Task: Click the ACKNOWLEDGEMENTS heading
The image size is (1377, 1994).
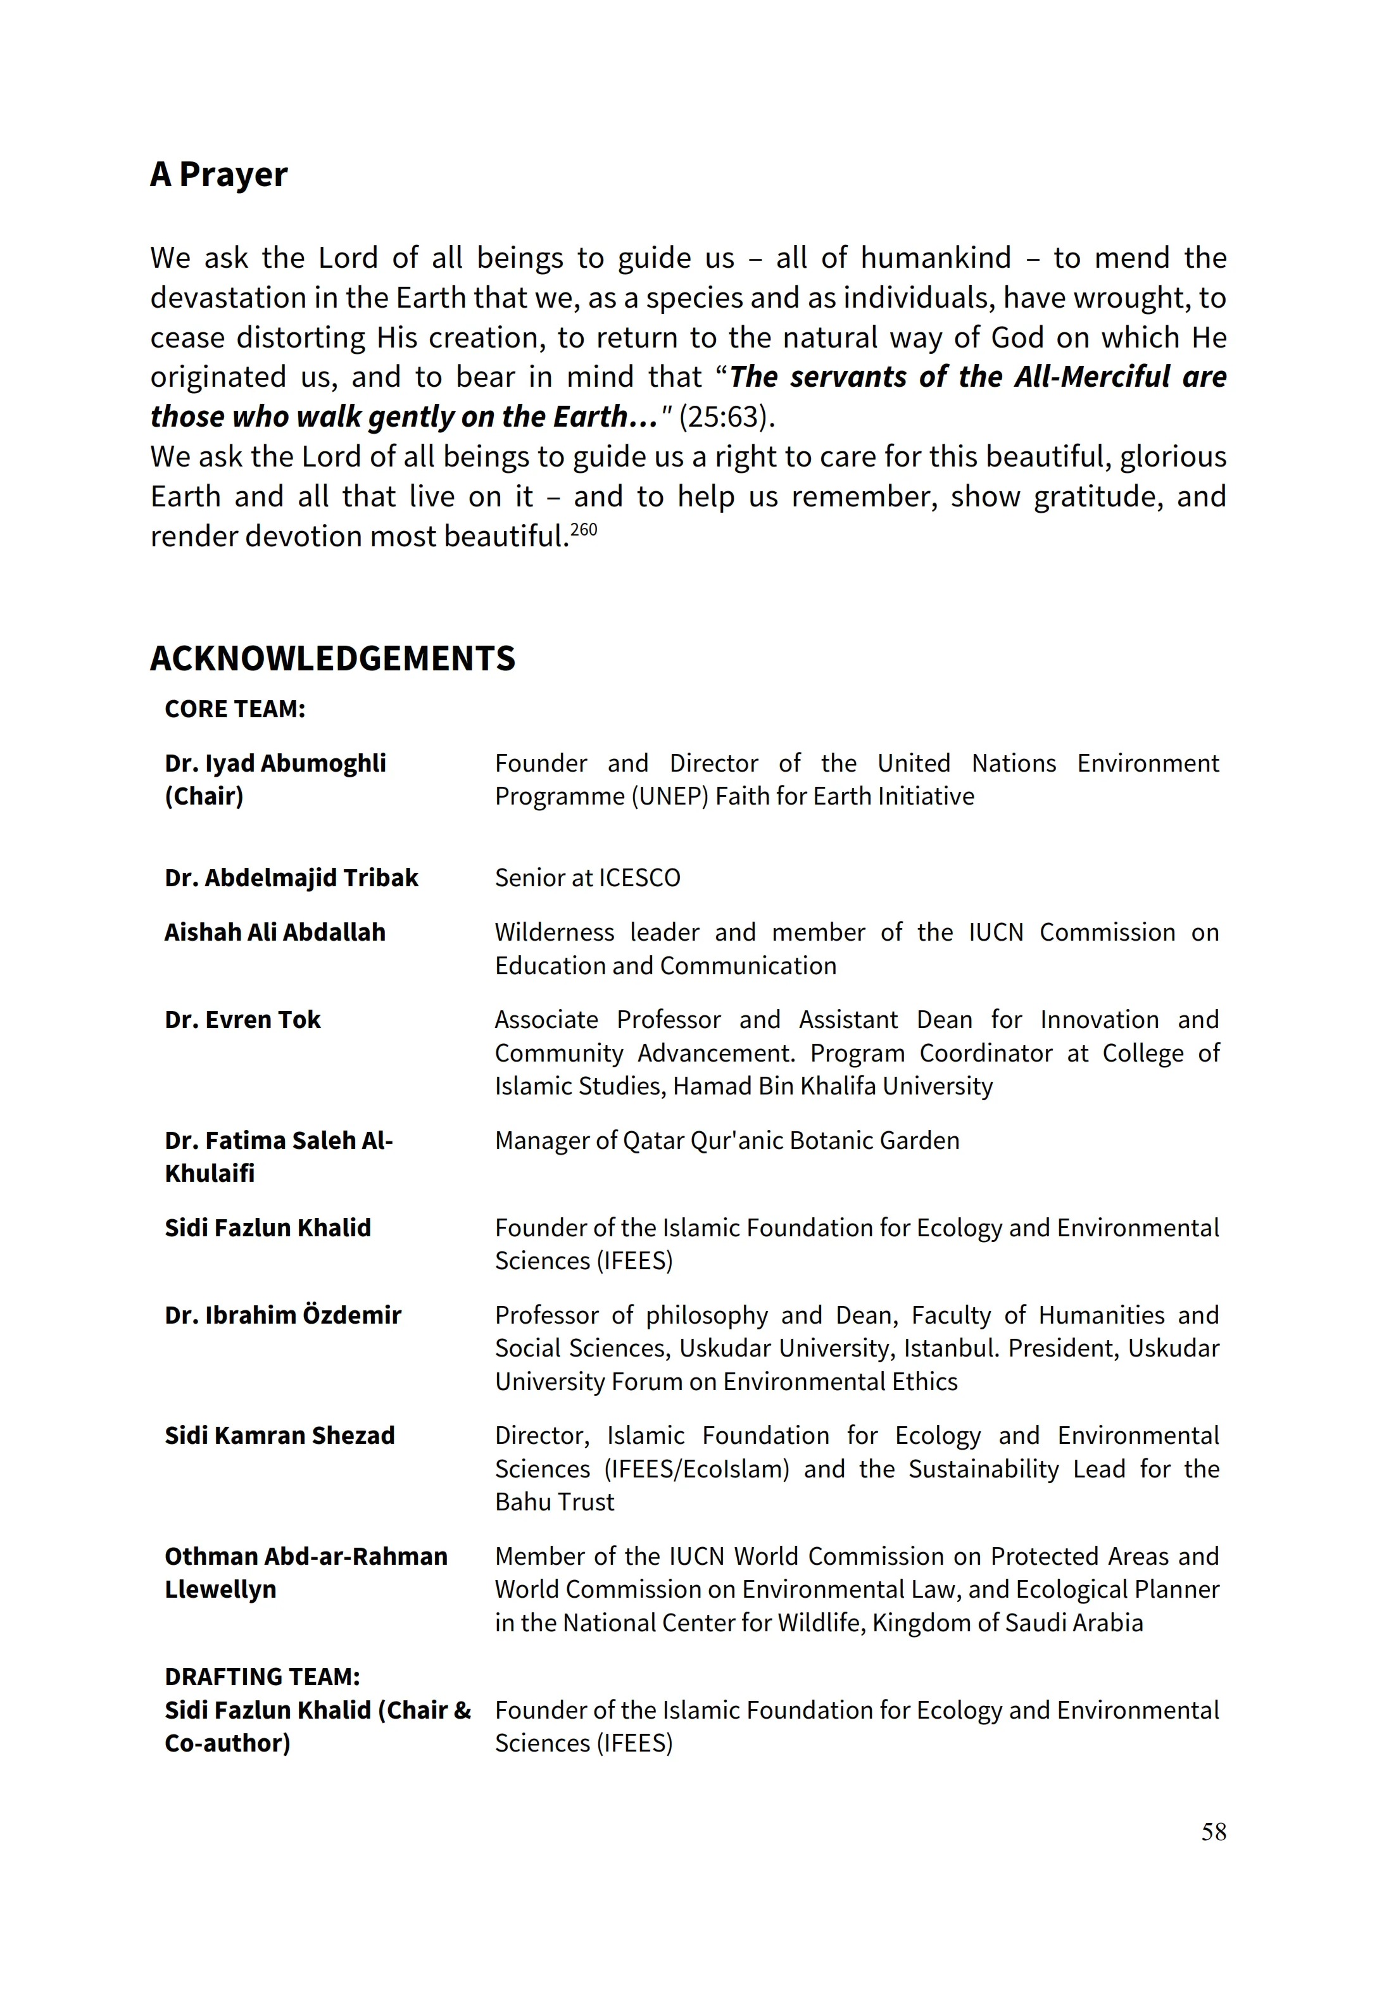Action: coord(332,658)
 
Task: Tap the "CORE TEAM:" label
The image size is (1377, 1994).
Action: coord(235,709)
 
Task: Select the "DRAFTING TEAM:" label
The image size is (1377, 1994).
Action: coord(262,1677)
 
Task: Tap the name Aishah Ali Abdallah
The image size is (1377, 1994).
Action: coord(274,932)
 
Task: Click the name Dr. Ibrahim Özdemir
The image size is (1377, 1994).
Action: coord(283,1315)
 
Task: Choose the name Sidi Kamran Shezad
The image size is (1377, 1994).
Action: coord(280,1435)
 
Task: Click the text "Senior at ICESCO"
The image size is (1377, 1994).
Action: coord(588,878)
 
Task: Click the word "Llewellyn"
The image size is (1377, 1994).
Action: coord(220,1590)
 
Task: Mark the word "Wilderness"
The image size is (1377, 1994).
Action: coord(555,932)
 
